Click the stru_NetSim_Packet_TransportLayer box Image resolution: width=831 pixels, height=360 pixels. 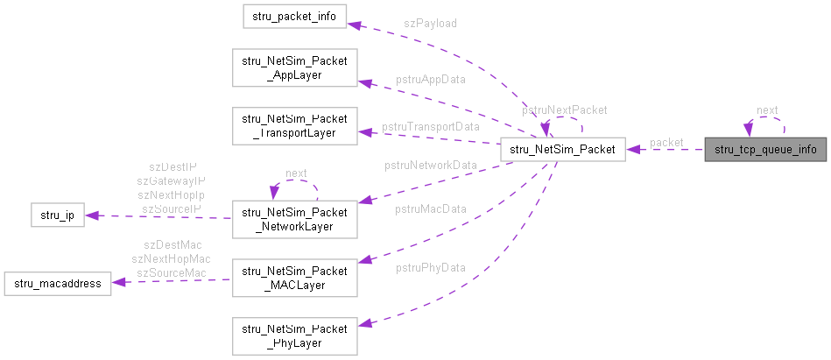[294, 125]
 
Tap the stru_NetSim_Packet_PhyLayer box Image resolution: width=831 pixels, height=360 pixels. [294, 335]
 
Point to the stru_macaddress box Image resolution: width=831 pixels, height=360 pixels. [57, 283]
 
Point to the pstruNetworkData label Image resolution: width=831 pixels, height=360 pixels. [430, 165]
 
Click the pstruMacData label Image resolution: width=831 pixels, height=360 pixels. [431, 208]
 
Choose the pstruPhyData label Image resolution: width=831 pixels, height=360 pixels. [430, 267]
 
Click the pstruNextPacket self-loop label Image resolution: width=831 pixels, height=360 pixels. [565, 110]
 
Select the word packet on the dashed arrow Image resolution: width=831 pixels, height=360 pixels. [666, 142]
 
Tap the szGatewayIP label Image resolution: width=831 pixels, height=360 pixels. [171, 180]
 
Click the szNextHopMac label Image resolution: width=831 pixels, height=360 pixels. [171, 259]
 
